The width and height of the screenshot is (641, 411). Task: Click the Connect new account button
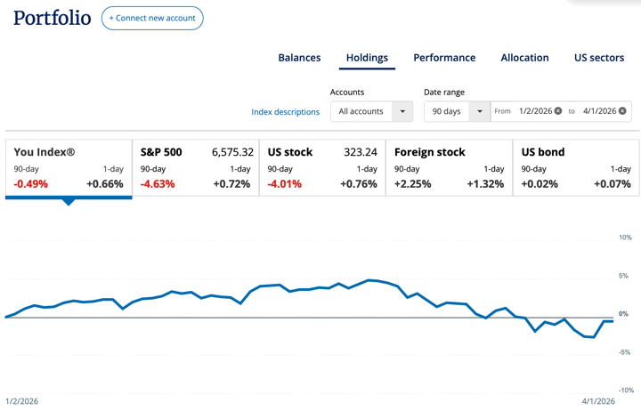click(152, 18)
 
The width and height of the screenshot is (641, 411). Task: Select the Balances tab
click(299, 58)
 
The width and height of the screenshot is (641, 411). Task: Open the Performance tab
click(444, 58)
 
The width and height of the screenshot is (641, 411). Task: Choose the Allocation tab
click(524, 58)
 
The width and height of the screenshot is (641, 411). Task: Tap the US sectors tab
click(599, 58)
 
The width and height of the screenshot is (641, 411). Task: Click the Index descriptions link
click(285, 112)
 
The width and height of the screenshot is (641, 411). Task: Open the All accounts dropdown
click(371, 111)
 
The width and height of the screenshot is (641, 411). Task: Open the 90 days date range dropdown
click(456, 111)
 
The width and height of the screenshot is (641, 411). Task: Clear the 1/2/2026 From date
click(558, 111)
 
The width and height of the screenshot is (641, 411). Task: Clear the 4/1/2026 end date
click(623, 111)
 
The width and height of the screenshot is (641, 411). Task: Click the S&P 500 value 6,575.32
click(232, 152)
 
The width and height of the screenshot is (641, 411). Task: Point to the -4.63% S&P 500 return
click(158, 184)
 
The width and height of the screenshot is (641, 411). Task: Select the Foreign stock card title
click(430, 152)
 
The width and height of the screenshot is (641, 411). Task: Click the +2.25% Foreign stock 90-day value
click(413, 184)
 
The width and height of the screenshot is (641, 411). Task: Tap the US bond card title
click(541, 152)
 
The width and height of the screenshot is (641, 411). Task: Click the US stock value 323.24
click(361, 152)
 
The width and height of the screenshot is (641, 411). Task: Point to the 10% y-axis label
click(625, 238)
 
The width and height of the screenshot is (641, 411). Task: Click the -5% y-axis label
click(625, 352)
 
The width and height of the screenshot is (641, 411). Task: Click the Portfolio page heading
click(53, 18)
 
